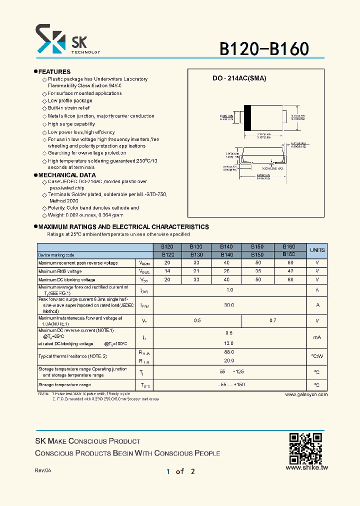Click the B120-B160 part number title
tap(264, 49)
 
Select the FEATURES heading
tap(54, 72)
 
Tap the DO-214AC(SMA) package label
tap(239, 78)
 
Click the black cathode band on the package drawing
tap(247, 118)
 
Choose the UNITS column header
tap(317, 250)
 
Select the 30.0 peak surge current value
tap(229, 305)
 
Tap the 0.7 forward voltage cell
tap(272, 320)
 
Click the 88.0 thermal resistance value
tap(229, 352)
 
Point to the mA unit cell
tap(317, 338)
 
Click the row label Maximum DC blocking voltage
tap(66, 280)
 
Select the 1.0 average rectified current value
tap(229, 290)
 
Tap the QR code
tap(306, 448)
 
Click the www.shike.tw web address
tap(306, 468)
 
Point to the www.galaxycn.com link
tap(306, 394)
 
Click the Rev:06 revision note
tap(43, 471)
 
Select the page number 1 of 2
tap(180, 471)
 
